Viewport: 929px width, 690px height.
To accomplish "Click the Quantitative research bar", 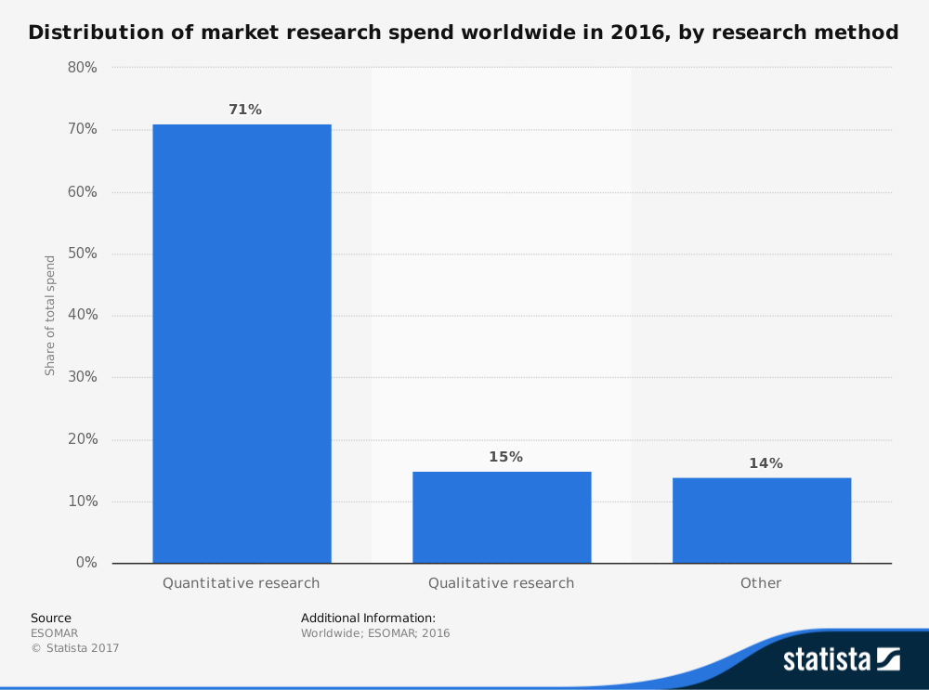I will (242, 344).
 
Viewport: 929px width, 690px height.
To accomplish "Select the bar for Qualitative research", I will (502, 517).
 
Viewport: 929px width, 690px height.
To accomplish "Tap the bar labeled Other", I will (762, 520).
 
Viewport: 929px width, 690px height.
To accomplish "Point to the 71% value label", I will (245, 110).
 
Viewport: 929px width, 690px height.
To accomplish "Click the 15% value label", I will (505, 457).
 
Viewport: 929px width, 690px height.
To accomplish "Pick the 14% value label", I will (765, 463).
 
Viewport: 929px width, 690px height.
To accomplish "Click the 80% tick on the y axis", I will (83, 68).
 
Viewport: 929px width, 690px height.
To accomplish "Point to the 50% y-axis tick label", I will (83, 254).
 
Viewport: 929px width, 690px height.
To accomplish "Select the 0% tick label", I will (86, 563).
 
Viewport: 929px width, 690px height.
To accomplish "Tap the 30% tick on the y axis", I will (83, 377).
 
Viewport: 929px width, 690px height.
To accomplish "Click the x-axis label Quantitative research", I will (241, 583).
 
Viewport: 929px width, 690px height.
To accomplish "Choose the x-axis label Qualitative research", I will (501, 583).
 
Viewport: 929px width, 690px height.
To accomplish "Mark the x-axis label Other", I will (761, 583).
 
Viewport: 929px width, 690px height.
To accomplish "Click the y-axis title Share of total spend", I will (50, 316).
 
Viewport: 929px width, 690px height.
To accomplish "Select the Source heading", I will (50, 618).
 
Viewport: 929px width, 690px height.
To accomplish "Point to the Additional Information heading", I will (368, 618).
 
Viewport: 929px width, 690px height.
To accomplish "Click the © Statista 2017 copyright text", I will (75, 648).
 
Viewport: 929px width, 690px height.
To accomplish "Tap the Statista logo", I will (841, 659).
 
